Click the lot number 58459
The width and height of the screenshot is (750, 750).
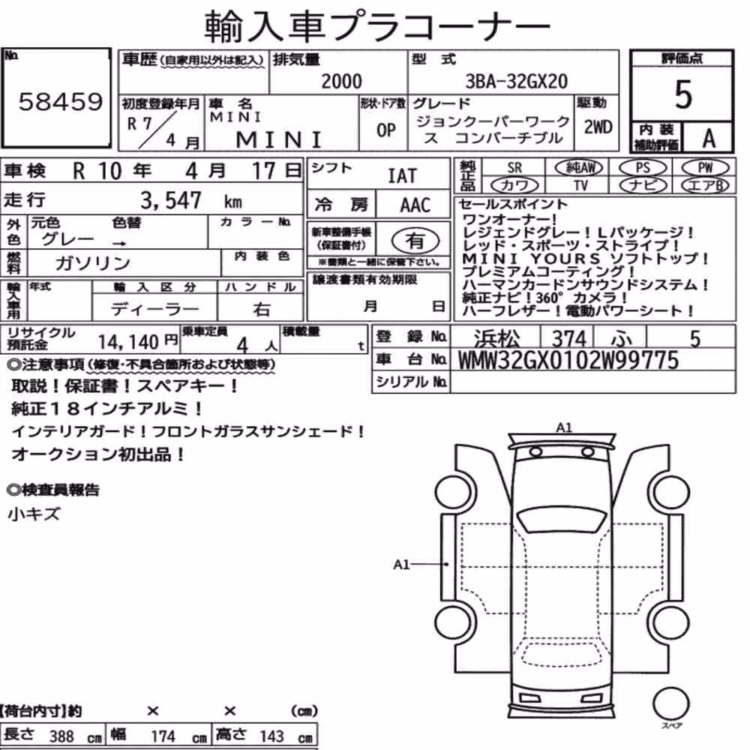coord(61,101)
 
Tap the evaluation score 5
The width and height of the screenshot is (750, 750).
coord(682,94)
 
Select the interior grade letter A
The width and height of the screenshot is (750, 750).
coord(709,139)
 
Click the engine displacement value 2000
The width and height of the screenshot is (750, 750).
coord(341,81)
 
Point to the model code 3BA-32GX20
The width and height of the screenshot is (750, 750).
coord(516,81)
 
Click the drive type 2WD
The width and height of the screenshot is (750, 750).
coord(598,127)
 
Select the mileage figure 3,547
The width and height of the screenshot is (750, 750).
coord(171,200)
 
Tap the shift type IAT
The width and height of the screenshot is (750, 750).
coord(402,176)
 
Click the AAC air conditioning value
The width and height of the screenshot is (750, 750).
coord(415,205)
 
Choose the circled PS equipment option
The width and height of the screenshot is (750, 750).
coord(643,168)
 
